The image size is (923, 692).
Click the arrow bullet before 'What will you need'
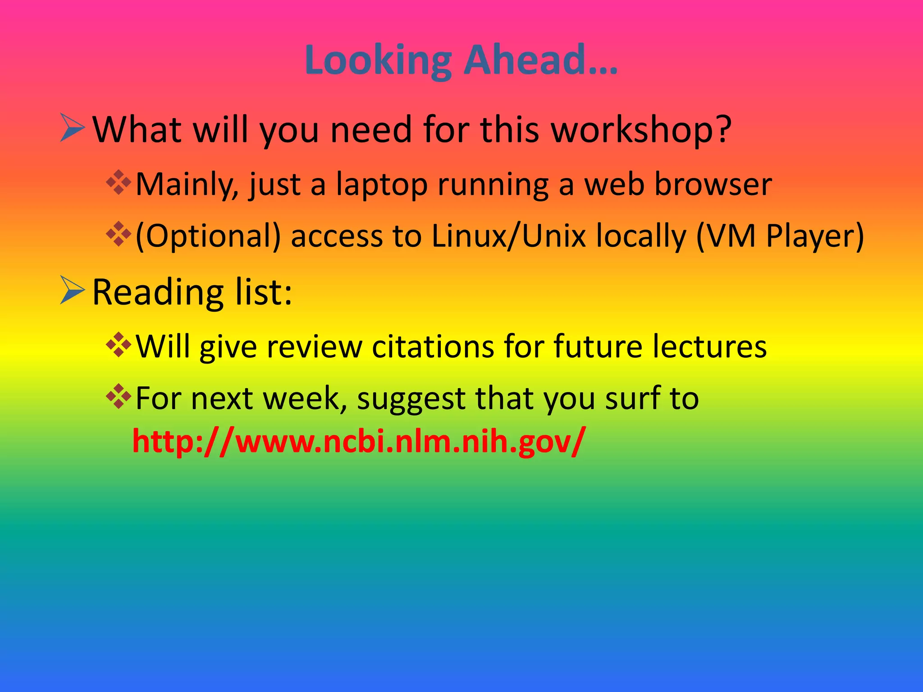point(72,128)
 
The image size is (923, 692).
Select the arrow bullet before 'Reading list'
point(72,291)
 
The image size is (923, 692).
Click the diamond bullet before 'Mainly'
point(119,182)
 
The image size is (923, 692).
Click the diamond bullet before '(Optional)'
point(119,234)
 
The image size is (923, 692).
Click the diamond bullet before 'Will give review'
point(119,345)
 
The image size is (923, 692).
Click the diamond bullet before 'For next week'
point(119,396)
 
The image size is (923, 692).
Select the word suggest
point(411,399)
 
